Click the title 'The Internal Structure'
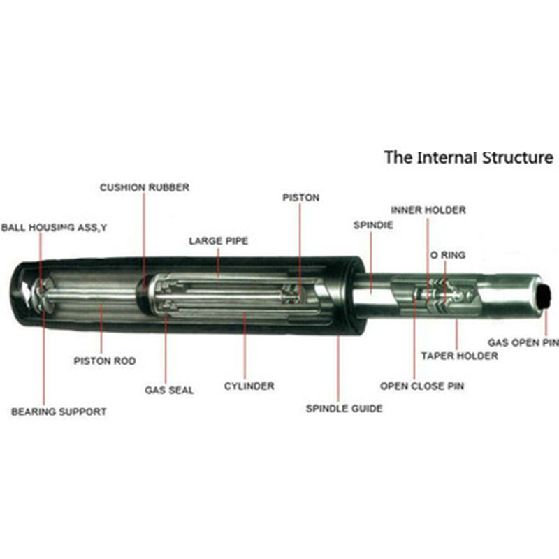(467, 157)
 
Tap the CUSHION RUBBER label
(144, 188)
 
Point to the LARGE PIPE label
(218, 241)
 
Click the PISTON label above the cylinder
(300, 198)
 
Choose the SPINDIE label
(372, 226)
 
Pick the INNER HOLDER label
(428, 210)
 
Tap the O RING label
(447, 255)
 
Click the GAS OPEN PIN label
(523, 342)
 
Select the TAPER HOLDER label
(459, 356)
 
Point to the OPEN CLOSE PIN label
(421, 386)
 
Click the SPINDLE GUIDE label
(344, 408)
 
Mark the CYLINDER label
(249, 386)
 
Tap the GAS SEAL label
(169, 390)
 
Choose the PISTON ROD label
(105, 361)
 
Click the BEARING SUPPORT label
(59, 412)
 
